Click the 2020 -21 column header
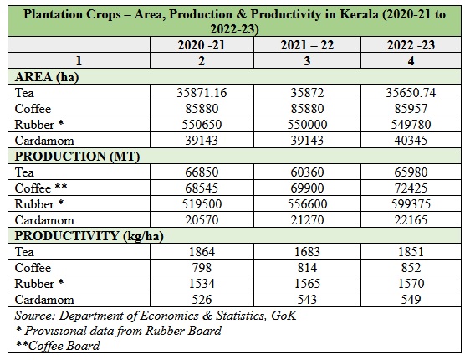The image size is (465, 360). point(202,45)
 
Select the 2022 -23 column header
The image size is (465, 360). point(411,45)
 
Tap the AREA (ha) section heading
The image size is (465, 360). point(47,77)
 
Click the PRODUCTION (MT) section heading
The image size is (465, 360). point(77,157)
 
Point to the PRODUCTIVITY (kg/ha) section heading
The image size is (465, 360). point(89,236)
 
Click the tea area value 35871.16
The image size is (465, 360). point(202,93)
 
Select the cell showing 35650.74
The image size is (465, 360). point(411,93)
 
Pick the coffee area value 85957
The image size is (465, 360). point(411,109)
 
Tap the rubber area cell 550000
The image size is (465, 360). point(307,125)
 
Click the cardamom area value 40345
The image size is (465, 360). point(411,141)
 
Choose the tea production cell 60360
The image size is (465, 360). point(307,172)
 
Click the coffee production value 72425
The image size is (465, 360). point(411,188)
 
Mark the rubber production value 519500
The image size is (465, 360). point(202,204)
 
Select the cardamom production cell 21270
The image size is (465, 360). point(307,220)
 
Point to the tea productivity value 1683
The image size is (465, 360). point(307,252)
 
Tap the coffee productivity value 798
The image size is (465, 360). point(202,268)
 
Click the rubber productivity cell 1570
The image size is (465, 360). point(411,284)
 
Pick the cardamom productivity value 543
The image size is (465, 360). point(307,300)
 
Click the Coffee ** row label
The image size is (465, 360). point(41,188)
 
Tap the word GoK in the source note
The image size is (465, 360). point(284,316)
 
